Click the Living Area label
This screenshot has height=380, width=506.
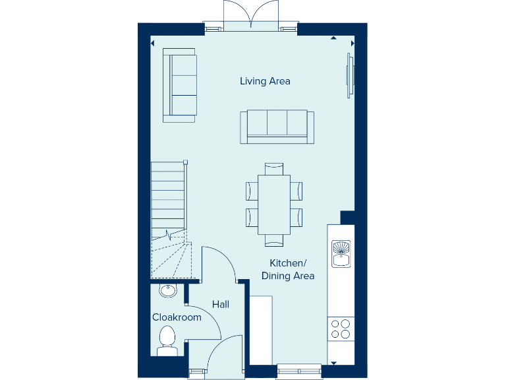[265, 81]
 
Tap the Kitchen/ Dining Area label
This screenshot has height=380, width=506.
[288, 269]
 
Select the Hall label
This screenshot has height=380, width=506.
[221, 304]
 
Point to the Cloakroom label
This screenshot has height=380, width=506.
[177, 317]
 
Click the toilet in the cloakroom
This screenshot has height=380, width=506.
[167, 340]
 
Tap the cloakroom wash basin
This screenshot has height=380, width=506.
[167, 290]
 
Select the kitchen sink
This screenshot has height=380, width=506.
[341, 253]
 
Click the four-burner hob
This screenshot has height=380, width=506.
[341, 329]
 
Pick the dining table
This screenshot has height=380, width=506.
[273, 205]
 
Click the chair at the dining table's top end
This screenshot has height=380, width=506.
[273, 168]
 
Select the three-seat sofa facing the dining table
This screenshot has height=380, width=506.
[277, 126]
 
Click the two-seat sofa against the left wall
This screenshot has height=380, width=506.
[181, 85]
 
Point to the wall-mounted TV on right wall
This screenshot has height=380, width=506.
[350, 75]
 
